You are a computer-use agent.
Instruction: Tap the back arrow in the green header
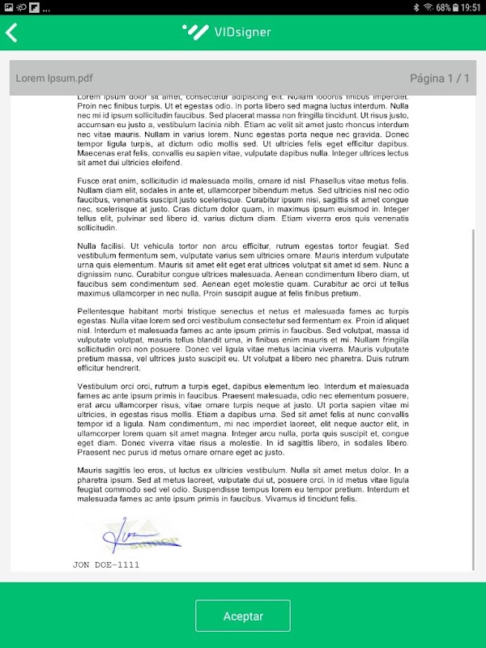coord(11,32)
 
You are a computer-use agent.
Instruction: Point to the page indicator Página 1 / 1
coord(439,79)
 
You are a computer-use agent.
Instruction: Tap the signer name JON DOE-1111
coord(106,565)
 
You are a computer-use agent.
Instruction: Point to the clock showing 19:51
coord(470,7)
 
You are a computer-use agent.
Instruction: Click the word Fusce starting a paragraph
coord(90,180)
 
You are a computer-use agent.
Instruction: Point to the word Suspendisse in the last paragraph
coord(237,490)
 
